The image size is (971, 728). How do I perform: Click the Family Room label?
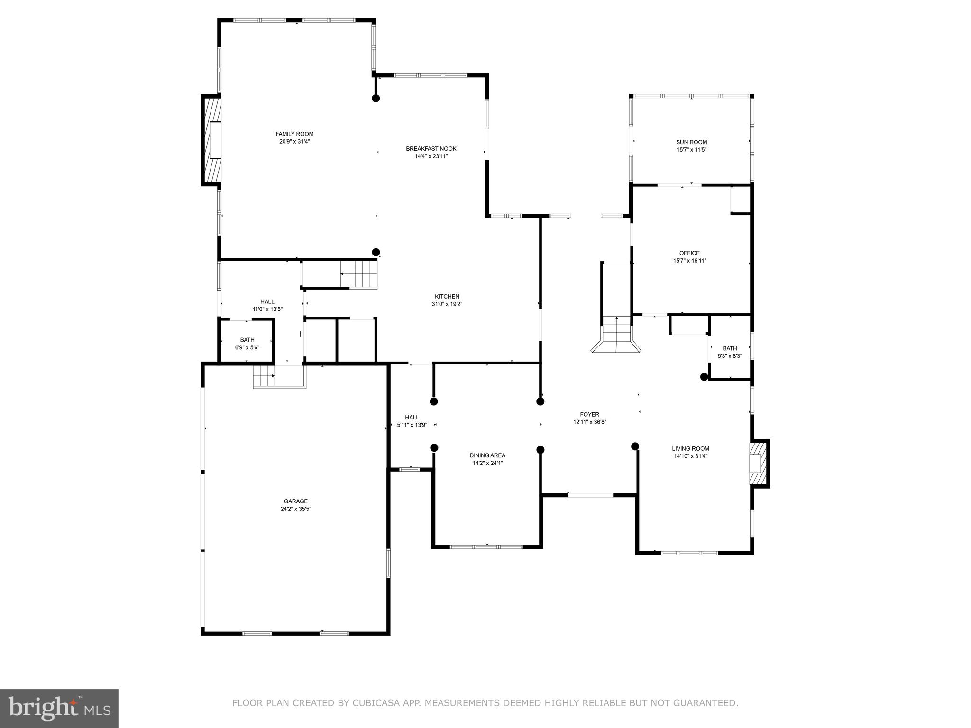pos(294,134)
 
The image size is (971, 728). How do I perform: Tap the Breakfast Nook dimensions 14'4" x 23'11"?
pos(431,156)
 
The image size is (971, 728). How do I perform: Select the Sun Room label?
pos(691,142)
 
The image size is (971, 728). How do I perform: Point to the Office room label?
pos(689,253)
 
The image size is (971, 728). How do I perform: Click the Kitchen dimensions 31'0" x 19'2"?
pos(447,304)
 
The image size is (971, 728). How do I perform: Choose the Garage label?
pos(295,501)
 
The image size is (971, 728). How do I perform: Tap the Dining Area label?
pos(487,455)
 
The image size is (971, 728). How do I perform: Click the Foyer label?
pos(589,414)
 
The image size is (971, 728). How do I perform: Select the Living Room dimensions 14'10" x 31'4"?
pos(690,456)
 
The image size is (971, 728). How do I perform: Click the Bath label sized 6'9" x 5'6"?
pos(247,340)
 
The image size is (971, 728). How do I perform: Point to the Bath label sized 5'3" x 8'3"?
pos(730,348)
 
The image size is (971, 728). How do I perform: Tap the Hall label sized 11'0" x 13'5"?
pos(267,301)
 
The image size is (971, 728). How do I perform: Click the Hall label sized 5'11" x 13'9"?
pos(412,418)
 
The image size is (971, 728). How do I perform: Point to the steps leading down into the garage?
pos(264,376)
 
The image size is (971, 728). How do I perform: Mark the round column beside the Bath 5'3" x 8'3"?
pos(704,377)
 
